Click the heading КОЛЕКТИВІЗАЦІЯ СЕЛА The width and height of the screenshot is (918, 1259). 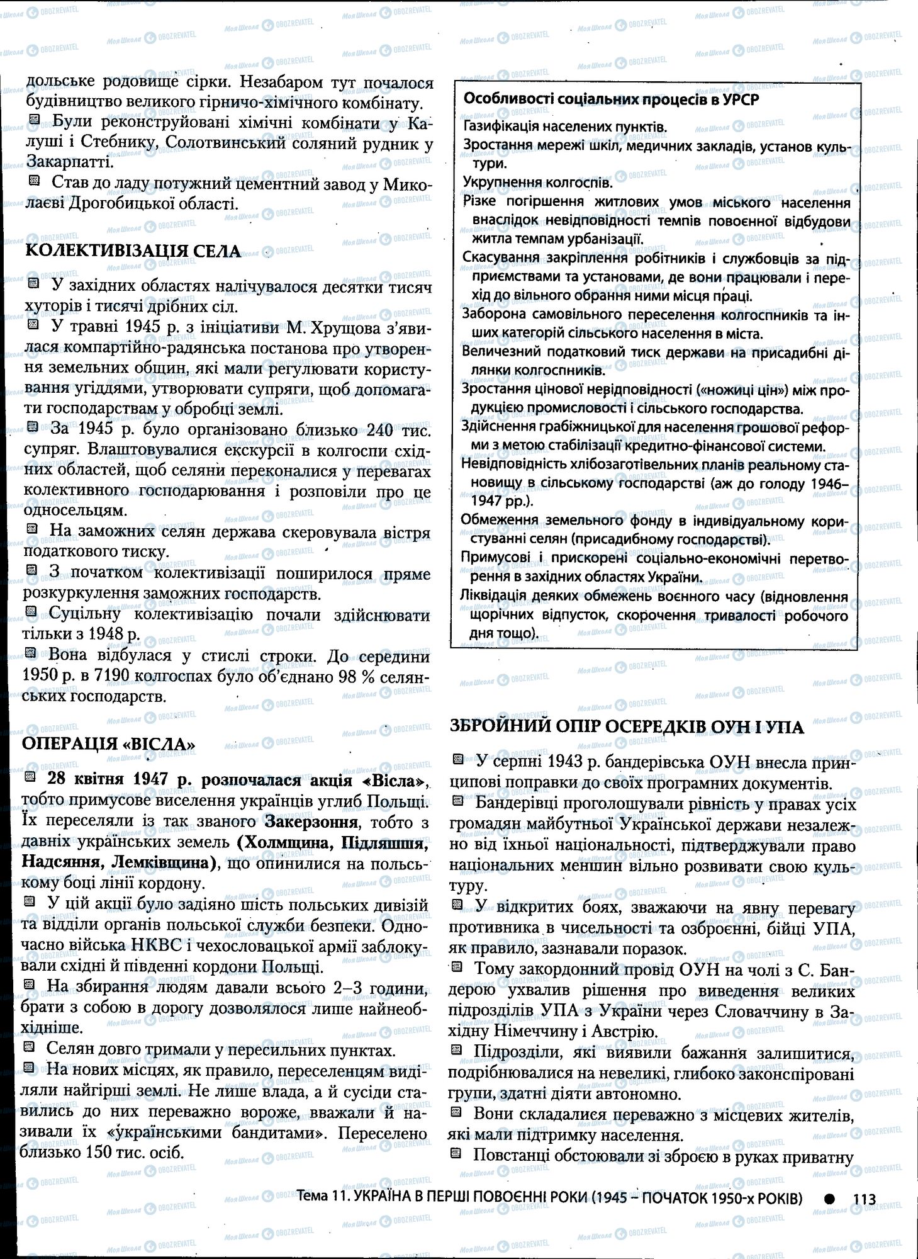pos(133,251)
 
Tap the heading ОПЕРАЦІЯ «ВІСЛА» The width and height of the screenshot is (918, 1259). pos(108,744)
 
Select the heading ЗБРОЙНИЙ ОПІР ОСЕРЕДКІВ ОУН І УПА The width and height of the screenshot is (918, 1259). pos(627,727)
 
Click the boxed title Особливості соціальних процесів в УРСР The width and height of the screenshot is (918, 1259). pos(611,99)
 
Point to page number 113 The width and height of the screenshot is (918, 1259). pos(865,1199)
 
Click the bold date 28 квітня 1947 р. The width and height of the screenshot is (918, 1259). pos(120,780)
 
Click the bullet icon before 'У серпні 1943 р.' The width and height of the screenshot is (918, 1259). pos(458,760)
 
